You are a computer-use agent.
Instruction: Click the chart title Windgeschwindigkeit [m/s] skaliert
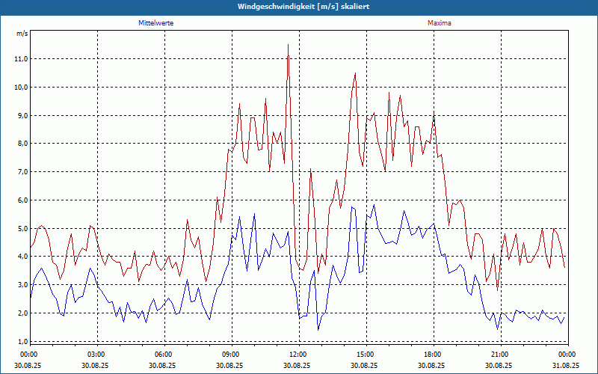[x=299, y=6]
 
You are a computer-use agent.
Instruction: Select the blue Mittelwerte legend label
[x=156, y=23]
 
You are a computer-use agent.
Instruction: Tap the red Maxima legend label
[x=440, y=23]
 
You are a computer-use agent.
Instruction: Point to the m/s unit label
[x=22, y=34]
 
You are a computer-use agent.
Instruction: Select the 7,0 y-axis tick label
[x=21, y=172]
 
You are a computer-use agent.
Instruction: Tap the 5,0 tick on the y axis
[x=21, y=229]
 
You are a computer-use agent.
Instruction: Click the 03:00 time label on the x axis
[x=96, y=355]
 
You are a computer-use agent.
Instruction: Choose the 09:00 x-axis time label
[x=230, y=355]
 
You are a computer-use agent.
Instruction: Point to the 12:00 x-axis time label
[x=298, y=355]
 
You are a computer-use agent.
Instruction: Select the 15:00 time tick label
[x=365, y=355]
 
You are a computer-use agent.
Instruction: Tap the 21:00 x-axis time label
[x=499, y=355]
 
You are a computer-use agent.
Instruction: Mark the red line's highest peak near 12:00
[x=288, y=45]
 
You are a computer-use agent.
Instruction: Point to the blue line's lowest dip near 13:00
[x=318, y=329]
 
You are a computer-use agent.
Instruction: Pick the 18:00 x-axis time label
[x=432, y=355]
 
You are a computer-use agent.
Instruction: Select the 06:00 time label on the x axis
[x=163, y=355]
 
